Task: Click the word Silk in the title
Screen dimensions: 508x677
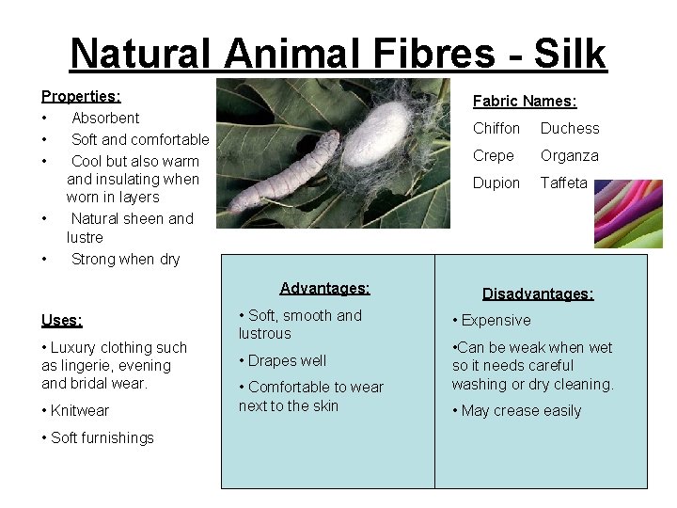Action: coord(571,54)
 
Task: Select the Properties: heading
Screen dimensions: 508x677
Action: coord(81,96)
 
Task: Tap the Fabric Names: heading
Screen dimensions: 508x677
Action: coord(525,101)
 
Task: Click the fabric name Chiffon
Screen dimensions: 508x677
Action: coord(496,128)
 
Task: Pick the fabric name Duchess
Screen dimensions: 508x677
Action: coord(569,128)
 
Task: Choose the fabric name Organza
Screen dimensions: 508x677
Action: coord(569,155)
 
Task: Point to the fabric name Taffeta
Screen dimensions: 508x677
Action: coord(563,183)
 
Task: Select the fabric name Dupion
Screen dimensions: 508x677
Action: coord(496,183)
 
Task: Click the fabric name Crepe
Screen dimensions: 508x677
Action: coord(493,155)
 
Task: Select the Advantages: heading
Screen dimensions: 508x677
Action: coord(324,288)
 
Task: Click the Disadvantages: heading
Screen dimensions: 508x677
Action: coord(538,294)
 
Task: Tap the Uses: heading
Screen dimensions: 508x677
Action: coord(62,320)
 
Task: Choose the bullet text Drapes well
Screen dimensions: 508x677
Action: coord(287,360)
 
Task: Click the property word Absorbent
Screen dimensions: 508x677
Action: coord(105,118)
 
